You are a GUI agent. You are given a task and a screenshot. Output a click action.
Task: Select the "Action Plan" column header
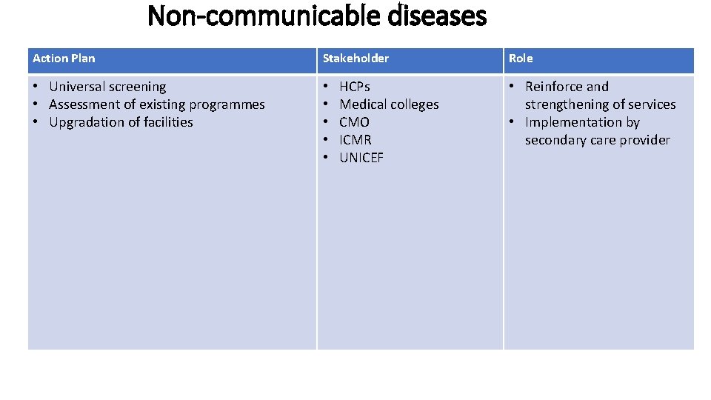point(64,59)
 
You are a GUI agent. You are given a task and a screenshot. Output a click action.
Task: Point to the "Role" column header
point(520,59)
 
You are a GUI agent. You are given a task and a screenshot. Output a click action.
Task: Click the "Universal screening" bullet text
point(107,87)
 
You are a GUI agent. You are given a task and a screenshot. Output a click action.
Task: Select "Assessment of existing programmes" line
point(156,104)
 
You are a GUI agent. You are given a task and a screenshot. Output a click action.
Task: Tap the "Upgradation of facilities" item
point(121,122)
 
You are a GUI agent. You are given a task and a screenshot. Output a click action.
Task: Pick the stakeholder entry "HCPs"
point(355,87)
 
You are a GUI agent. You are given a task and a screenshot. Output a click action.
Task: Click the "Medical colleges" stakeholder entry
point(389,104)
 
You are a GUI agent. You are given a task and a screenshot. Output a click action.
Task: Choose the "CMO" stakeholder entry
point(354,122)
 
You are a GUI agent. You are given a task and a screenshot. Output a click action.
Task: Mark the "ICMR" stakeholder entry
point(355,140)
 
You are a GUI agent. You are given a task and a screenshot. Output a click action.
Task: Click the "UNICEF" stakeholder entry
point(361,158)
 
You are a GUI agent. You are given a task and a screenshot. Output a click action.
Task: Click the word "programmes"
point(227,104)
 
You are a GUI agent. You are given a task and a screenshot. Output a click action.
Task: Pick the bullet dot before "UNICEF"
point(327,158)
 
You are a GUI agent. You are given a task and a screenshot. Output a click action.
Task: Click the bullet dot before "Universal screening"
point(36,87)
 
